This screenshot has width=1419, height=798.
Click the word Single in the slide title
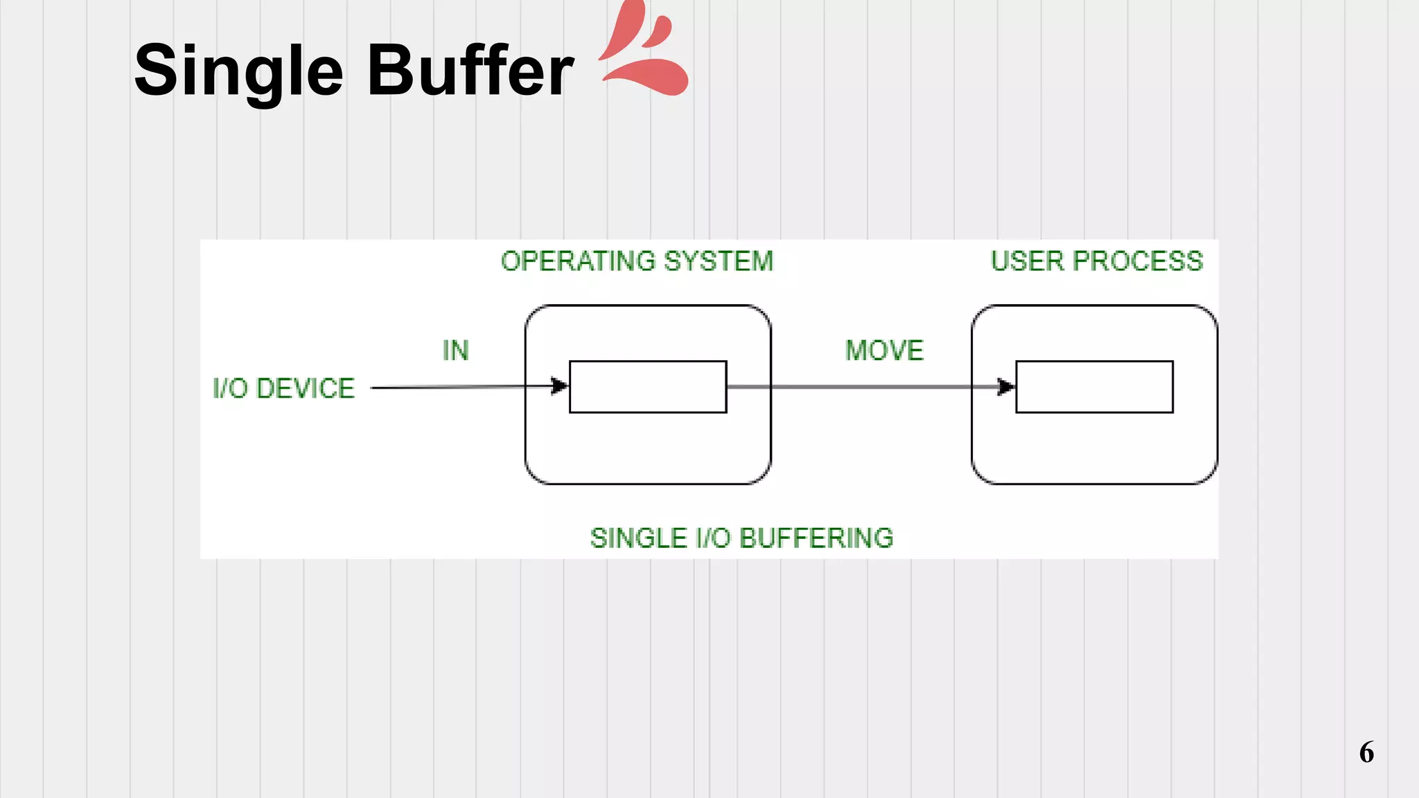pyautogui.click(x=238, y=71)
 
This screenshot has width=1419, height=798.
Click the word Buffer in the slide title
pyautogui.click(x=470, y=71)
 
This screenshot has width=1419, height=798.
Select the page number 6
pyautogui.click(x=1366, y=752)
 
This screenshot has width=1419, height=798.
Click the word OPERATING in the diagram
pyautogui.click(x=578, y=261)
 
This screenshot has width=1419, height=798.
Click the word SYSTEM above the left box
pyautogui.click(x=718, y=261)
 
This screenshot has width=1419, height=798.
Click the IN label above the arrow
pyautogui.click(x=455, y=351)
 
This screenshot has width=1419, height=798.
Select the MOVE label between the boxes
pyautogui.click(x=884, y=351)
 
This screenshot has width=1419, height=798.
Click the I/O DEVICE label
pyautogui.click(x=283, y=388)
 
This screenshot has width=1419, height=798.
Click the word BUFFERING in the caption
pyautogui.click(x=817, y=538)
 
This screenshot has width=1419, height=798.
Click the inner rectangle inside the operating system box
pyautogui.click(x=648, y=387)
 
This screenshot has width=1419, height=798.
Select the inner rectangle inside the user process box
pyautogui.click(x=1094, y=387)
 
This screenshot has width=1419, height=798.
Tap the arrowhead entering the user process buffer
pyautogui.click(x=1006, y=387)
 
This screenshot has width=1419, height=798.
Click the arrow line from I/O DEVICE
pyautogui.click(x=457, y=387)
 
